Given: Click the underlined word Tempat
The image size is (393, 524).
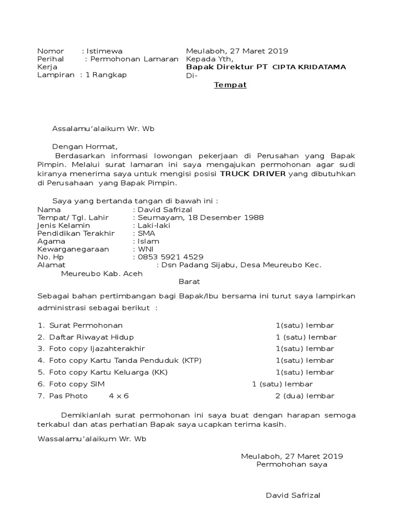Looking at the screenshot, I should point(230,85).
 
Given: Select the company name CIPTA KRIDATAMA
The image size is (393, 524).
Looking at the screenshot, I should point(309,67).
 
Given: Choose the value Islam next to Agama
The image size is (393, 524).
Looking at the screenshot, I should point(148,241).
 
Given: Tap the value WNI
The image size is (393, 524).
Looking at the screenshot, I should point(145,249).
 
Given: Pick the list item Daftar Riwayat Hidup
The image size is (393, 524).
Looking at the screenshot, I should point(92,337).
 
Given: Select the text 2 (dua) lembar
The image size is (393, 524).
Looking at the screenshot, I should point(305,396).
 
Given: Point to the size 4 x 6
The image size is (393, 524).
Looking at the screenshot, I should point(119,396).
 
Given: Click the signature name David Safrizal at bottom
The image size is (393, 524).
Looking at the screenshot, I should point(293,496).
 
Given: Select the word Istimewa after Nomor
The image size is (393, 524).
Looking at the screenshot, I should point(103,51).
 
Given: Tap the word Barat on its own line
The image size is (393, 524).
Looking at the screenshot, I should point(189,281).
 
